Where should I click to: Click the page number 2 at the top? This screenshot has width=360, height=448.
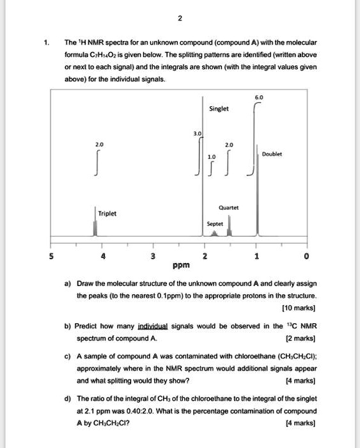[180, 19]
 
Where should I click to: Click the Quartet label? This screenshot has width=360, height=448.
[228, 207]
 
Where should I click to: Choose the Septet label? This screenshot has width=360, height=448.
[215, 225]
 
